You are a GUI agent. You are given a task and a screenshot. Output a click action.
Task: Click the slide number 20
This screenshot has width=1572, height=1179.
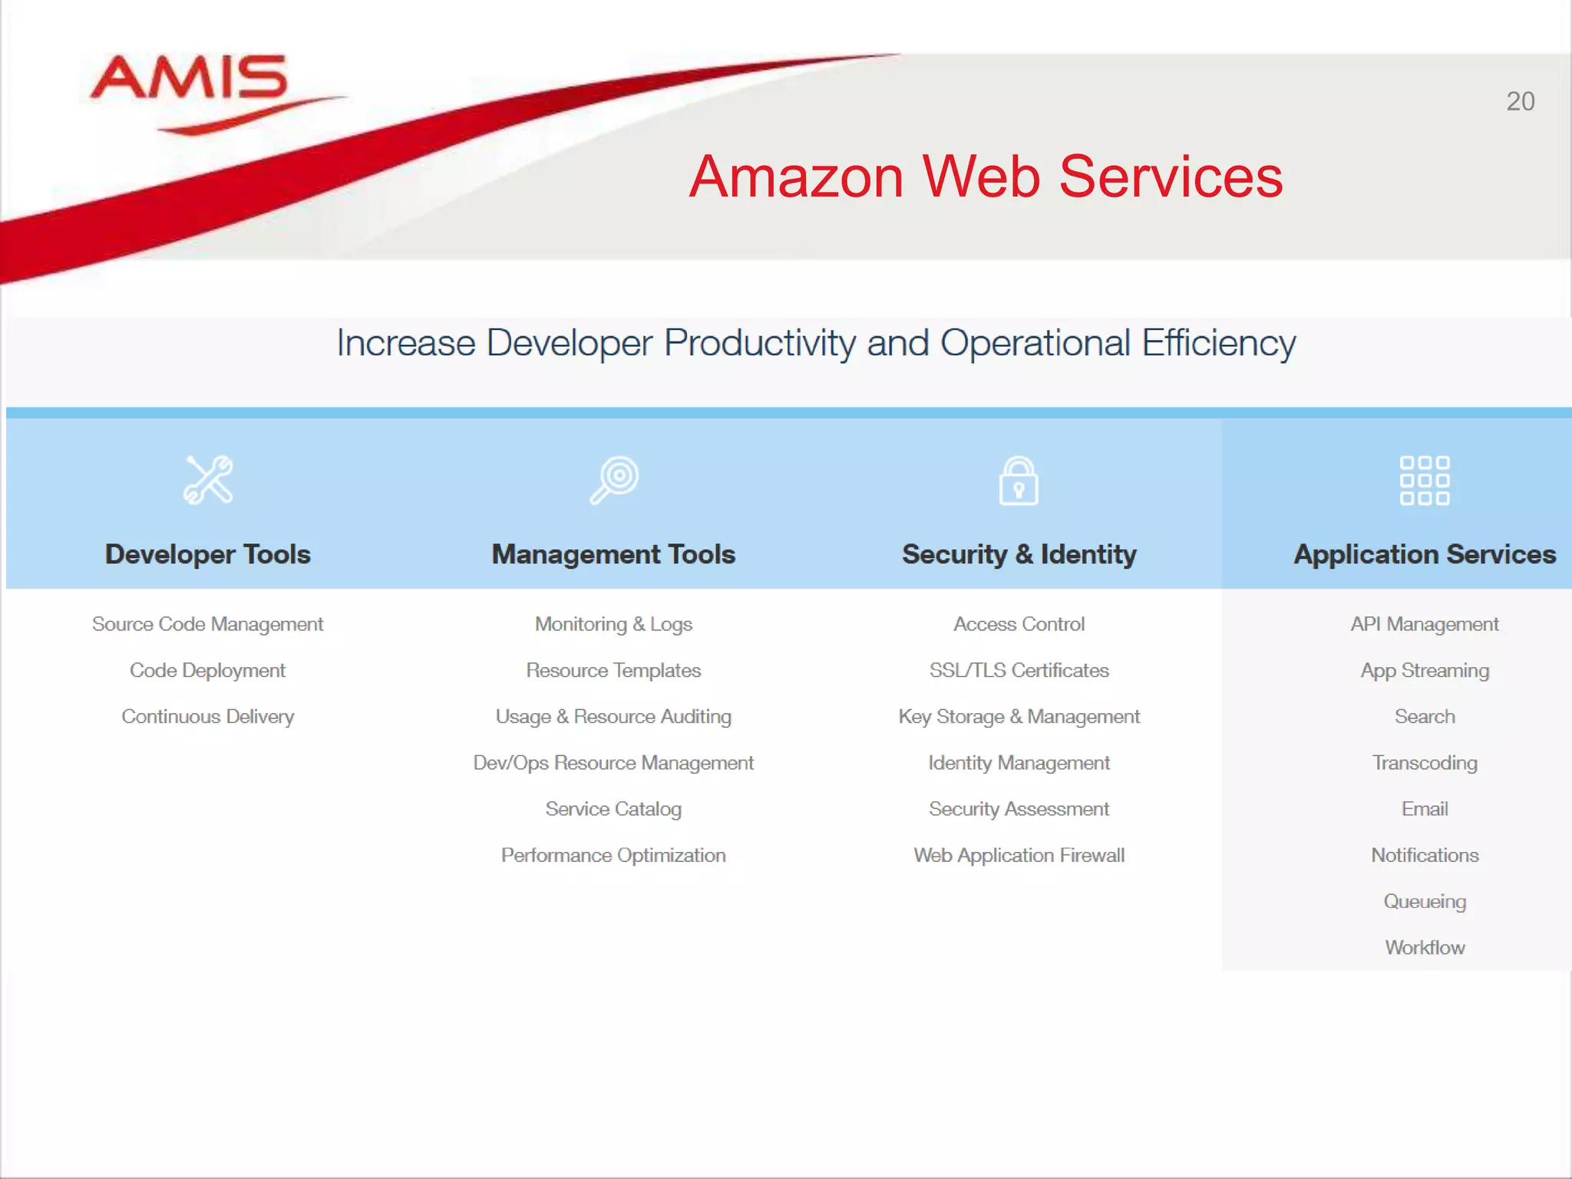(1520, 101)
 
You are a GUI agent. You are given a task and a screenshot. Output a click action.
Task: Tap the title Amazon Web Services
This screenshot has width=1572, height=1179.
(986, 177)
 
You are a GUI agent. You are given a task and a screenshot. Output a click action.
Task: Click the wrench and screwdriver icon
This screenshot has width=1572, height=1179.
(208, 480)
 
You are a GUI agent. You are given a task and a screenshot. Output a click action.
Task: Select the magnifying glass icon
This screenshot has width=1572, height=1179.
(614, 480)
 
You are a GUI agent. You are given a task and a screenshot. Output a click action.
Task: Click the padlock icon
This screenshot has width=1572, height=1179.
(1019, 481)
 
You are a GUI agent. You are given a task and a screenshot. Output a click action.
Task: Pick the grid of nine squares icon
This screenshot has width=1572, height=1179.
(1425, 481)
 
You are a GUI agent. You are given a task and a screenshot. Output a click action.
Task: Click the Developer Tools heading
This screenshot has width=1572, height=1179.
(208, 554)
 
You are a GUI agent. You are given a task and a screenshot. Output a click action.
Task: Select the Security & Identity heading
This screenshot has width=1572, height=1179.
(1019, 554)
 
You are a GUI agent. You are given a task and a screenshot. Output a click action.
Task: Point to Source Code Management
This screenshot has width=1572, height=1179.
(208, 624)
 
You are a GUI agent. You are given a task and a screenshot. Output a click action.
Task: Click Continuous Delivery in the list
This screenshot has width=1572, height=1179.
(208, 716)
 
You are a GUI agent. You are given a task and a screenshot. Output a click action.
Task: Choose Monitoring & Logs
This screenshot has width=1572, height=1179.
(613, 624)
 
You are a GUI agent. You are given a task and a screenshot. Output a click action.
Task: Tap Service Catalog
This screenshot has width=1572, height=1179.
(613, 809)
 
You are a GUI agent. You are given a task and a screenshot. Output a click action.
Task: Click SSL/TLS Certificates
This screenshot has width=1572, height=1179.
(1019, 670)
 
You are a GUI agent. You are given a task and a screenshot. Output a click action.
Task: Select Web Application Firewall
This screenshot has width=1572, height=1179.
(1019, 855)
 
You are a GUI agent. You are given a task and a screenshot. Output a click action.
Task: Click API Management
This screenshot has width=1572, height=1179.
(1425, 624)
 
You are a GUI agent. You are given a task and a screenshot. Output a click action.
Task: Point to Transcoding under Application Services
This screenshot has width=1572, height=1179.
(1425, 763)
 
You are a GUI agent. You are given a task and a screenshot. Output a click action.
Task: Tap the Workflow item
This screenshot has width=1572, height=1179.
(1425, 947)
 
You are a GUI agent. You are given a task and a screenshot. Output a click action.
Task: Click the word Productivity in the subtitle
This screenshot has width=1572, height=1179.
(759, 343)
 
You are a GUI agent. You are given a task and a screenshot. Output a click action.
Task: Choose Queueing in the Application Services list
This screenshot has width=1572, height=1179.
(1425, 901)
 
